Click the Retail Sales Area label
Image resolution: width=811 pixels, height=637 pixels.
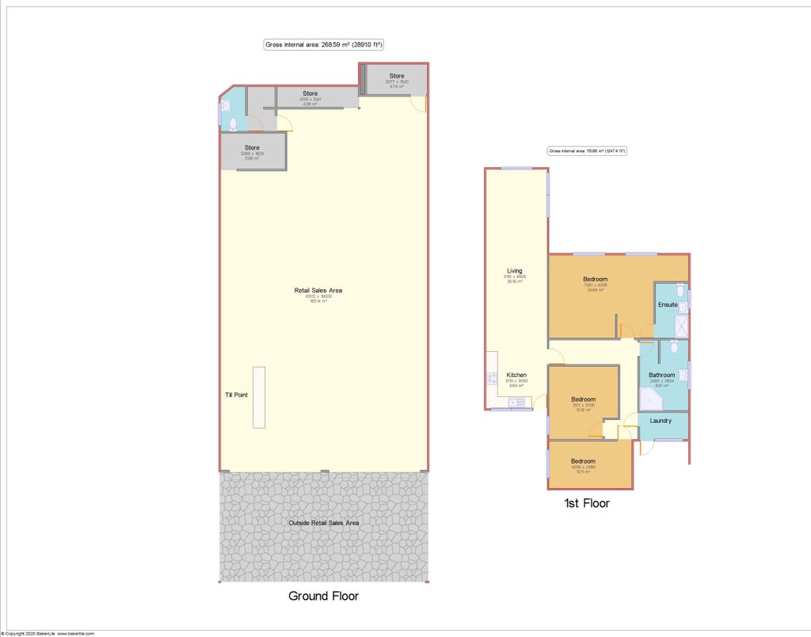[x=318, y=291]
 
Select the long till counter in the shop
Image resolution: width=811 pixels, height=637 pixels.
[x=259, y=397]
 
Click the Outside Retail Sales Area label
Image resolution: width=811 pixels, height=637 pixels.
[x=324, y=523]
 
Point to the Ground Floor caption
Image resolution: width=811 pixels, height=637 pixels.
[x=324, y=596]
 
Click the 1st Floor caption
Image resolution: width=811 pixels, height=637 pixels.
[x=586, y=503]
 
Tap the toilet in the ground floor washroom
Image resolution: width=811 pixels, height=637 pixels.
[x=232, y=124]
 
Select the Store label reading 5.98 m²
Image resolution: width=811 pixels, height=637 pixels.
[x=252, y=148]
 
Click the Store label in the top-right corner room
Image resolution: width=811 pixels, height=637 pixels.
[x=396, y=76]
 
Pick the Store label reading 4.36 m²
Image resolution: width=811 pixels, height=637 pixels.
[x=310, y=93]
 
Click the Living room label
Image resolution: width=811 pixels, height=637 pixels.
[x=515, y=272]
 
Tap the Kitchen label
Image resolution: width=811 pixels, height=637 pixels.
[x=516, y=376]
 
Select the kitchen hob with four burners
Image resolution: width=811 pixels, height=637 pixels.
[x=492, y=379]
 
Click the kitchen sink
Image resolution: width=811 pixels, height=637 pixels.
[x=520, y=402]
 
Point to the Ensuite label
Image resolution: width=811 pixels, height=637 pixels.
[x=668, y=304]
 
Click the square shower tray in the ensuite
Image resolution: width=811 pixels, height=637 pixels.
[x=681, y=326]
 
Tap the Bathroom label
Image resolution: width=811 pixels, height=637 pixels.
[x=662, y=376]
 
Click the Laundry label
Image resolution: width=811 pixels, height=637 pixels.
[x=661, y=421]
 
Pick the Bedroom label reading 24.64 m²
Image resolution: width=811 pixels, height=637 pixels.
[x=596, y=280]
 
